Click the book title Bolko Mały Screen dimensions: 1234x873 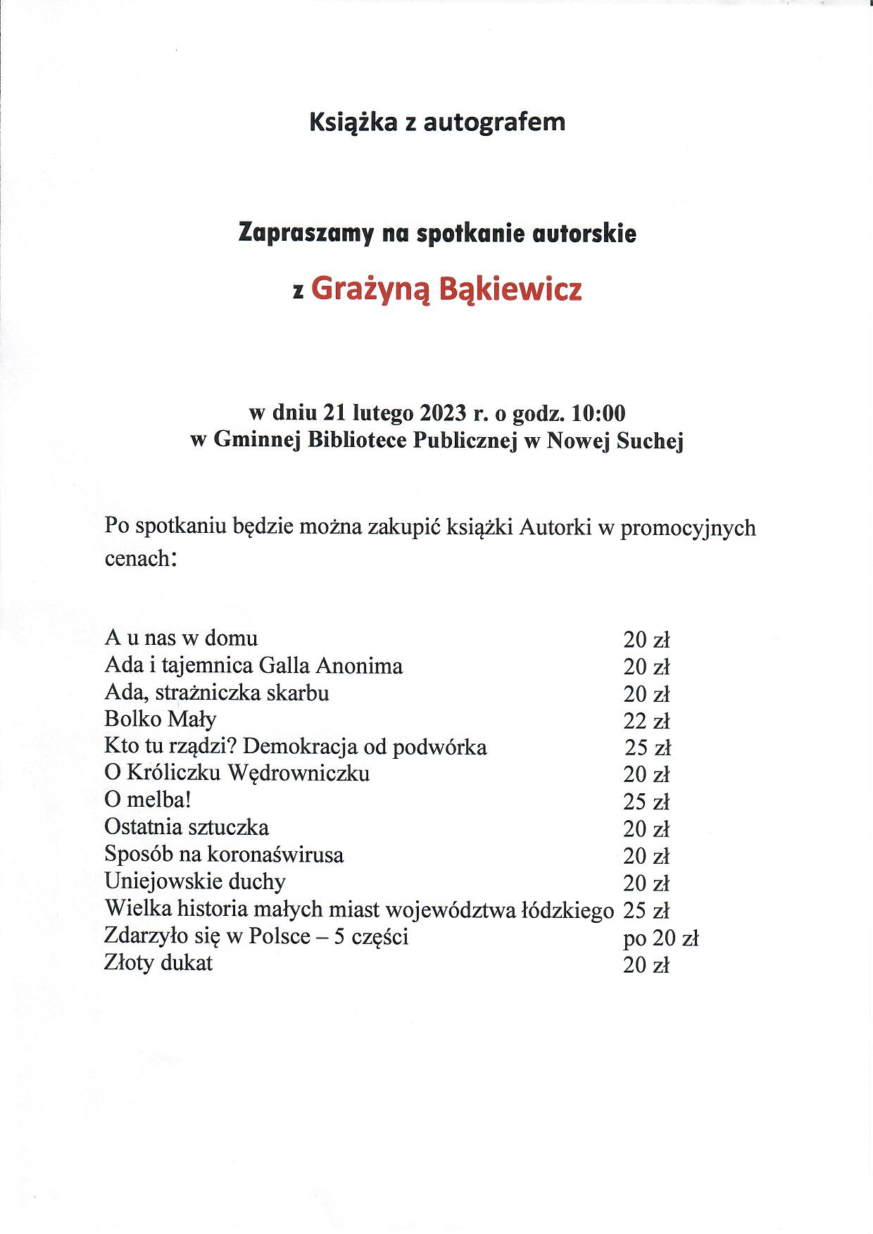click(x=161, y=719)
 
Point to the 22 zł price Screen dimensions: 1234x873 click(x=646, y=721)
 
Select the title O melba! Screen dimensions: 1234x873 click(x=148, y=800)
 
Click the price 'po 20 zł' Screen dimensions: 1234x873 click(x=660, y=938)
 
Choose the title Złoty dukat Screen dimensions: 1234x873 click(x=158, y=963)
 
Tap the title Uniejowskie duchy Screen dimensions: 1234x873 click(x=195, y=882)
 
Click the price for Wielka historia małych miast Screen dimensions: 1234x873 click(x=646, y=911)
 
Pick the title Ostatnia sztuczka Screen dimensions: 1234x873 click(x=187, y=827)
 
